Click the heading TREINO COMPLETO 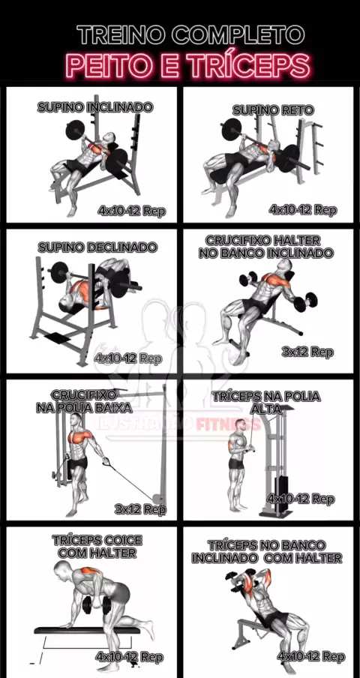tap(190, 34)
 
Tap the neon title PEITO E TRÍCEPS tap(188, 65)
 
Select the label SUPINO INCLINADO tap(95, 107)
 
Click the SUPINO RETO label tap(273, 110)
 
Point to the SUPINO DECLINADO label tap(97, 247)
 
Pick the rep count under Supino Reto tap(302, 210)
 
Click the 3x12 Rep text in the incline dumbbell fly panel tap(307, 352)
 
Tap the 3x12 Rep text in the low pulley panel tap(140, 509)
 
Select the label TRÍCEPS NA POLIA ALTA tap(266, 403)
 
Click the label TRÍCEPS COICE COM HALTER tap(97, 547)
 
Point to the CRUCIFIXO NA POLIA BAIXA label tap(84, 401)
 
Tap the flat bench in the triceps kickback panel tap(87, 630)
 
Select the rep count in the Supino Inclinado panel tap(132, 211)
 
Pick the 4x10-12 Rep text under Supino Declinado tap(129, 358)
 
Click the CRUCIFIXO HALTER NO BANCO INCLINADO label tap(266, 247)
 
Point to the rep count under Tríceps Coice tap(130, 657)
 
